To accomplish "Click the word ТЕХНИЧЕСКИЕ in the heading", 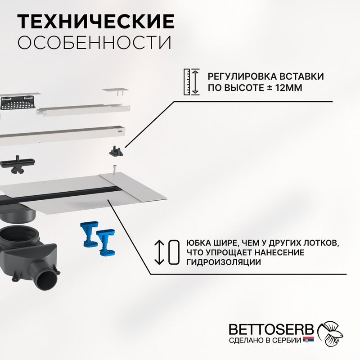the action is [96, 21].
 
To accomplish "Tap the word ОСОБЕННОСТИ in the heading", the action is [94, 42].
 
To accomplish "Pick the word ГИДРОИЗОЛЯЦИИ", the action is [223, 262].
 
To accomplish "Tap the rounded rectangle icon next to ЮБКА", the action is [174, 252].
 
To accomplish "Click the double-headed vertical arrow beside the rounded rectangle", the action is [159, 252].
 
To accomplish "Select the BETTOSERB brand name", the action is [271, 329].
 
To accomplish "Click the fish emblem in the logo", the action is [330, 333].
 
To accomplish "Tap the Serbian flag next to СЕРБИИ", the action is [308, 339].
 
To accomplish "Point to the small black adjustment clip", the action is [117, 151].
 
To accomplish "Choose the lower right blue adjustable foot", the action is [106, 242].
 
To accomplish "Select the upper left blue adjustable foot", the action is [89, 234].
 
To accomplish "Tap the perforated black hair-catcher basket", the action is [18, 103].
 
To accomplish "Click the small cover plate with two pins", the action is [116, 91].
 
